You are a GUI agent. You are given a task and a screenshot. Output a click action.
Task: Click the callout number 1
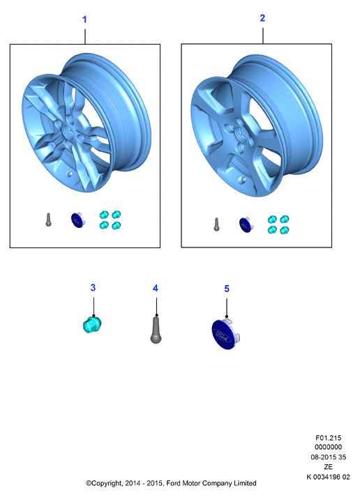point(84,20)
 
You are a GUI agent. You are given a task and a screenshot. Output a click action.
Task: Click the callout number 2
point(262,18)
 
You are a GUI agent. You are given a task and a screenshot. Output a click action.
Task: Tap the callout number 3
point(93,287)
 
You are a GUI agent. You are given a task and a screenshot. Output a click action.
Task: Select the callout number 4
point(156,288)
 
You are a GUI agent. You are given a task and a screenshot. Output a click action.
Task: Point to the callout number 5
point(227,289)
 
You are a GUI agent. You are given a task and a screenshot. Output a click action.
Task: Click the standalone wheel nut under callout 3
point(92,324)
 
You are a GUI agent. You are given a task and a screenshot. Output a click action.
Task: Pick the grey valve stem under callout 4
point(156,330)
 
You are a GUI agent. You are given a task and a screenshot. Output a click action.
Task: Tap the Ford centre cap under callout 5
point(225,334)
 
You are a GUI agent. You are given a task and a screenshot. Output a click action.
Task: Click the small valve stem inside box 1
point(48,220)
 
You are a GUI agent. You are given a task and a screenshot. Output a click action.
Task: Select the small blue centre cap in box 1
point(77,220)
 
